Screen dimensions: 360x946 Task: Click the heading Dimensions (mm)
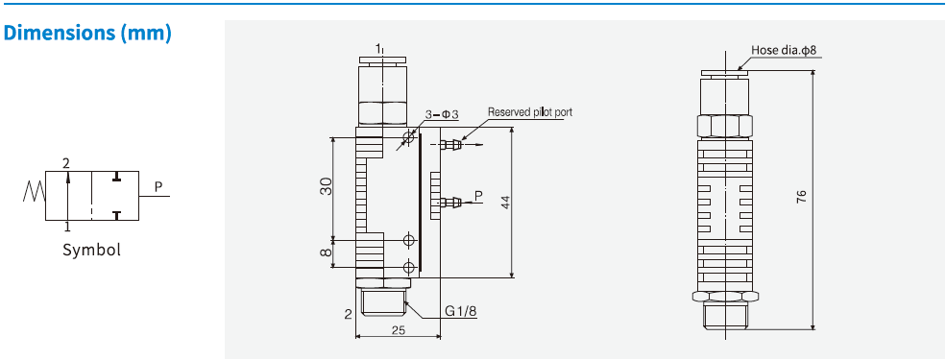87,33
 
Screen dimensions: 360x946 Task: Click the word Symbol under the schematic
92,250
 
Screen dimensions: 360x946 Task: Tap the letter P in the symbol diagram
158,185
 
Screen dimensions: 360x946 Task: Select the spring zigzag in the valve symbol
32,195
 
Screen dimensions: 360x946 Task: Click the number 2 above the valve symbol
66,163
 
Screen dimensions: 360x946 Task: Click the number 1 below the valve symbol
66,228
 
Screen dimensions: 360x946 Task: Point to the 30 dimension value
327,187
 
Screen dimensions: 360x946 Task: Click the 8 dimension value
327,253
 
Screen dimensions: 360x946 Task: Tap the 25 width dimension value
398,329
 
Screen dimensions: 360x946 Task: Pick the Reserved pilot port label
529,112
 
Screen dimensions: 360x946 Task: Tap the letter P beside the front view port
477,191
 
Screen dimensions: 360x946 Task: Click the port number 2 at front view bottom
348,314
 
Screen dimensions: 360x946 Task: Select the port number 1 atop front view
379,47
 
